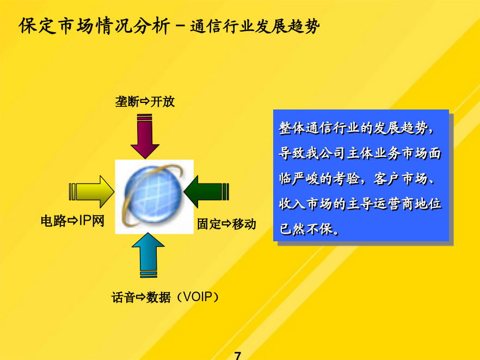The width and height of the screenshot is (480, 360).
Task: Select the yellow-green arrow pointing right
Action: (91, 192)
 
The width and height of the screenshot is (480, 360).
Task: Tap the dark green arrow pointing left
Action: (206, 192)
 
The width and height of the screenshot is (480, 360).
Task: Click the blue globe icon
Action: (154, 197)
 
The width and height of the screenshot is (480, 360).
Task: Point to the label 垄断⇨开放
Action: (145, 101)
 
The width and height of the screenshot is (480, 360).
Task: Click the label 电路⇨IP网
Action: (72, 221)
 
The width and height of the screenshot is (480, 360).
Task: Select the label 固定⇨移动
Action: (226, 224)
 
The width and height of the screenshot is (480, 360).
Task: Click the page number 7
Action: (237, 356)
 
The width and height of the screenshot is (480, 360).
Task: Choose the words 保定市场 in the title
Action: (56, 26)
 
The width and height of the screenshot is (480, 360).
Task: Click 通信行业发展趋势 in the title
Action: (255, 26)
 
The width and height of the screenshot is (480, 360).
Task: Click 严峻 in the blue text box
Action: (306, 178)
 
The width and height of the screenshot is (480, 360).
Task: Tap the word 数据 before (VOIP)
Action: (158, 297)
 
